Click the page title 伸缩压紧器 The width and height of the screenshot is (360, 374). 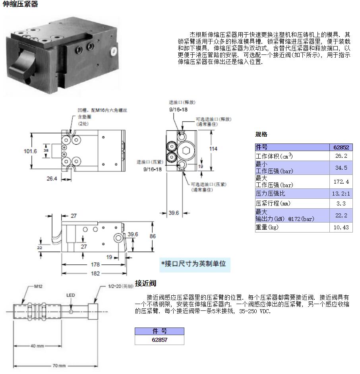pos(21,4)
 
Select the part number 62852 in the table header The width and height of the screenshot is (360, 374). pos(341,147)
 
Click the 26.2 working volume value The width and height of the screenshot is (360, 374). pos(341,156)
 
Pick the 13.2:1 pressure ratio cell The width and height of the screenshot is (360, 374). pos(341,194)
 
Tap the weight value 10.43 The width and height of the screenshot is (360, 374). pos(341,227)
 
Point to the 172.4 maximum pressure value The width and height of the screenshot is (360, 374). pos(341,181)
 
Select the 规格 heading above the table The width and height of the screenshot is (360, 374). pos(261,134)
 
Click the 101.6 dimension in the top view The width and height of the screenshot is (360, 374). pos(30,151)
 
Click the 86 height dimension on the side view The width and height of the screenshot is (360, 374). pos(153,236)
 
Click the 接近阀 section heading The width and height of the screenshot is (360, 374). pos(145,283)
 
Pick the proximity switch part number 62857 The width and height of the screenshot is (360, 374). pos(159,340)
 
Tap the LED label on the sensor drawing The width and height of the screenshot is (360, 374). pos(70,295)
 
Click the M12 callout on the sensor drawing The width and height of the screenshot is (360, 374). pos(39,287)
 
